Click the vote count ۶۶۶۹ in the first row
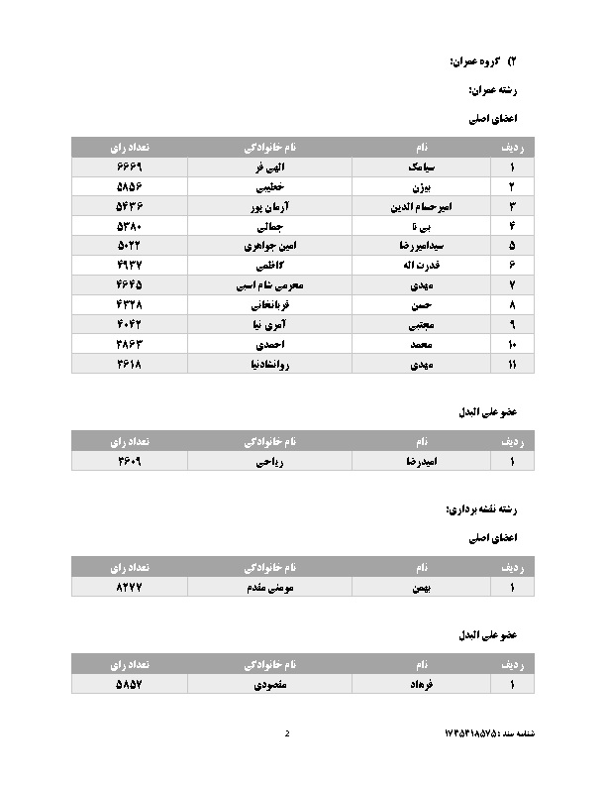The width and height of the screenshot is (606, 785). [x=130, y=168]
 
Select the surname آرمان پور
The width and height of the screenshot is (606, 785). [x=270, y=206]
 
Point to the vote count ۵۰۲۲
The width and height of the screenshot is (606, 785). [x=130, y=245]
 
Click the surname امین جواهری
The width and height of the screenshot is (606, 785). [x=270, y=245]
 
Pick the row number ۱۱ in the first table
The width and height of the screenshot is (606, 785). [x=511, y=364]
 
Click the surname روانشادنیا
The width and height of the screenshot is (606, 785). [x=270, y=364]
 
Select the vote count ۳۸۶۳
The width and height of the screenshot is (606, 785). [x=130, y=344]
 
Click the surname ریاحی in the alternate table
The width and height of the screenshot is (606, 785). [x=270, y=461]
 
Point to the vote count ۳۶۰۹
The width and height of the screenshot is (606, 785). [x=130, y=461]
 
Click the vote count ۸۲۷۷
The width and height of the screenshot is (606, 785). [x=130, y=588]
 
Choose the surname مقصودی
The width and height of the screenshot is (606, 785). [x=270, y=685]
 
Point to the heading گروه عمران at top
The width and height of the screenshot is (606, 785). [x=479, y=61]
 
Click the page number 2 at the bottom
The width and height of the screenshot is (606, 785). [x=287, y=734]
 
